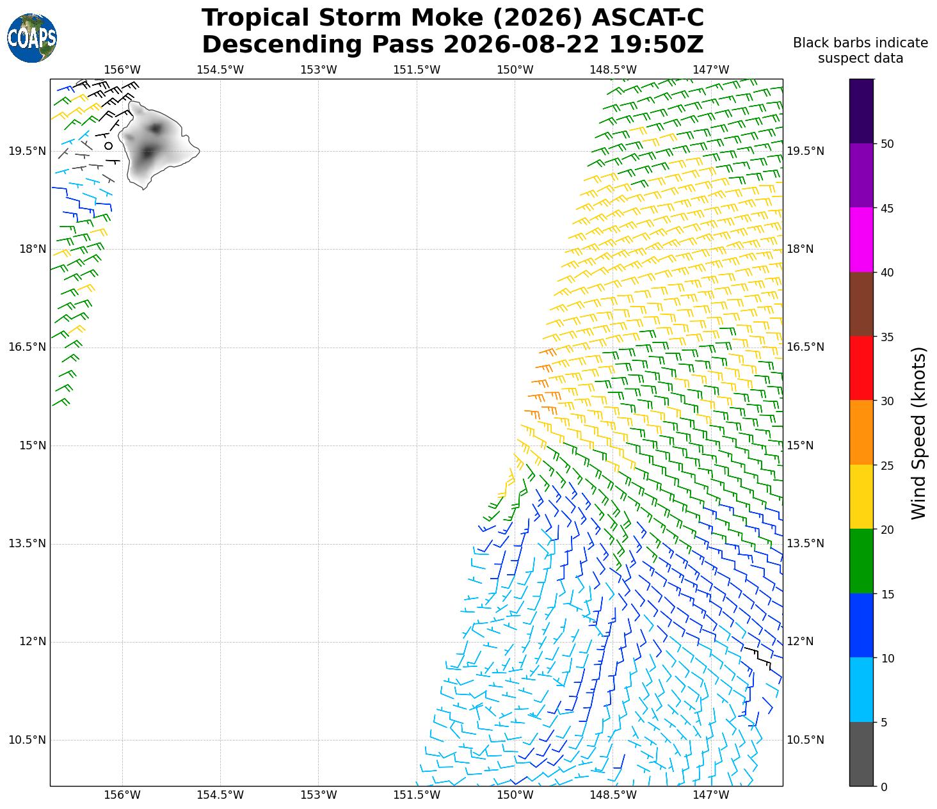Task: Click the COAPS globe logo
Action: pos(32,38)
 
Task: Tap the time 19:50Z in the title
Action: pos(656,44)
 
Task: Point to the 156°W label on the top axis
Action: pos(122,70)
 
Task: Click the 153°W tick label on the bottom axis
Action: pos(319,794)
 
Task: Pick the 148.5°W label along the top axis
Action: pos(613,70)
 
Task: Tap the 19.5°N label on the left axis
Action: pos(27,151)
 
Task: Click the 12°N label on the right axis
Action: pos(800,641)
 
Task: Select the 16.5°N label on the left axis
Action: pos(27,347)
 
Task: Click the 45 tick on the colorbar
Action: pos(886,209)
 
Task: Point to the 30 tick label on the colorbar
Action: pos(886,401)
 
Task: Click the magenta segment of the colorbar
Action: pos(861,240)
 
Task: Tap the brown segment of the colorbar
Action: pos(861,304)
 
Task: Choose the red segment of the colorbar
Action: pos(861,369)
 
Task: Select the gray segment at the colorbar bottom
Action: pos(861,754)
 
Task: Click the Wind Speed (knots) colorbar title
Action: pos(918,433)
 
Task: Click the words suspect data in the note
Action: pos(860,58)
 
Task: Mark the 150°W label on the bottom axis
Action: pos(515,794)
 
